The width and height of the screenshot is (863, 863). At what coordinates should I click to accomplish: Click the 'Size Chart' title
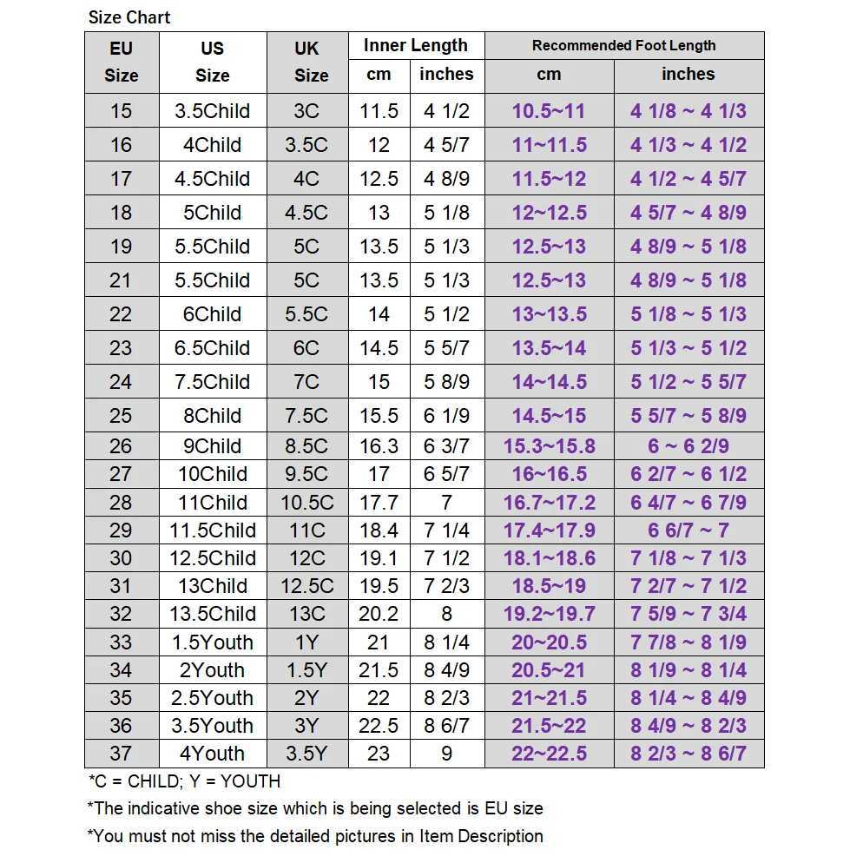[x=129, y=17]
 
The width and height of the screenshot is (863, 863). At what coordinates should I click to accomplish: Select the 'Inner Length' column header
[x=415, y=46]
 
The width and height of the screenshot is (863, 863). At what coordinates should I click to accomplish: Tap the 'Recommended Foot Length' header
[x=623, y=46]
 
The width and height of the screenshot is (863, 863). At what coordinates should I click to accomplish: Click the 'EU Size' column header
[x=122, y=63]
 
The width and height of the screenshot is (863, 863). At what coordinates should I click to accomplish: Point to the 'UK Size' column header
[x=307, y=63]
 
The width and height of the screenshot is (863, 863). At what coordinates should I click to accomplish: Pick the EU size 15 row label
[x=122, y=111]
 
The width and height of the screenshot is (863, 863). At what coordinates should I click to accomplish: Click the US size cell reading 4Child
[x=212, y=145]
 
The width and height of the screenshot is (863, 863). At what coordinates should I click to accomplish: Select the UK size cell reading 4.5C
[x=306, y=213]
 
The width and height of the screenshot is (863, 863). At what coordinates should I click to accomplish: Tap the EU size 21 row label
[x=122, y=280]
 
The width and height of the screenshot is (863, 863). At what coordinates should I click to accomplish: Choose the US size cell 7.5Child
[x=212, y=382]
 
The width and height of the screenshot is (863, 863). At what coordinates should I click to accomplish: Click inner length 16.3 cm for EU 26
[x=379, y=446]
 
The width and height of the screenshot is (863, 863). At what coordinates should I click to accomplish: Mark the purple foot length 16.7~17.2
[x=549, y=503]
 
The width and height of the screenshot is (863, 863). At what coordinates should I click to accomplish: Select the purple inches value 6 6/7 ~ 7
[x=688, y=530]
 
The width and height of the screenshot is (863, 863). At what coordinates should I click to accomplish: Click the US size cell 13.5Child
[x=212, y=614]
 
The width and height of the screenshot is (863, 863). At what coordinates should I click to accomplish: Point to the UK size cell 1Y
[x=306, y=642]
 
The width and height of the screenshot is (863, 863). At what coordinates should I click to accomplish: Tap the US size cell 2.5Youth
[x=212, y=698]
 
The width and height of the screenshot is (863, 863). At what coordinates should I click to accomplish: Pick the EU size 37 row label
[x=122, y=754]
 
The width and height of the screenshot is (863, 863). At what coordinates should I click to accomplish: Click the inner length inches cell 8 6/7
[x=446, y=726]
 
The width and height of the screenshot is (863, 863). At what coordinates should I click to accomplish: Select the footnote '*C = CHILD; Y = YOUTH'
[x=184, y=781]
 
